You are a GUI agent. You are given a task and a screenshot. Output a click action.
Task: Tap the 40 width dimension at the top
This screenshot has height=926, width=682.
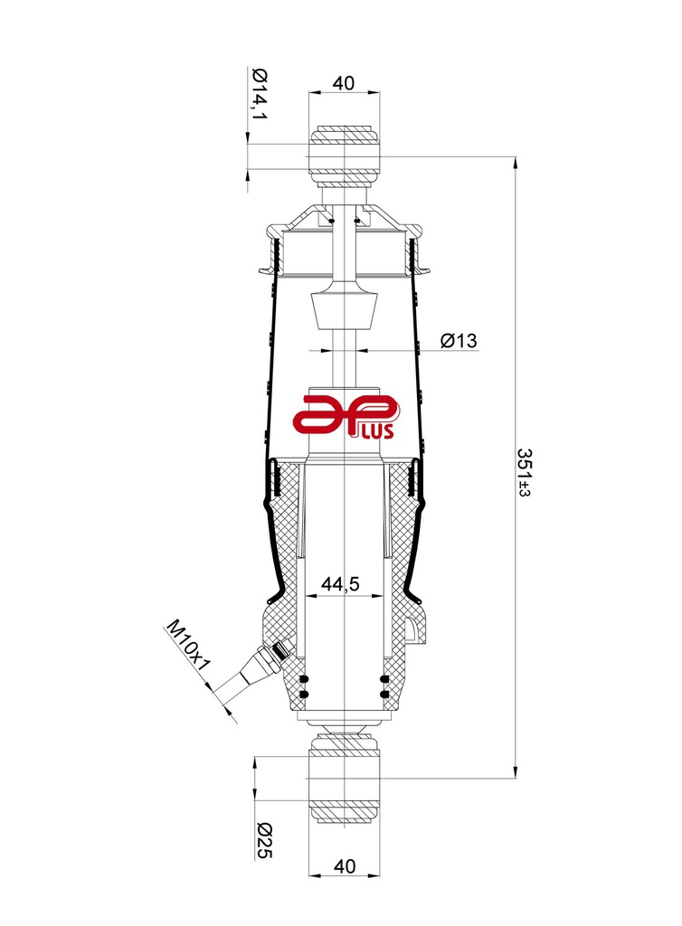(344, 83)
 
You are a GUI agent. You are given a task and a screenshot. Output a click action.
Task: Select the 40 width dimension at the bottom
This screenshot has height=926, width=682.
(344, 865)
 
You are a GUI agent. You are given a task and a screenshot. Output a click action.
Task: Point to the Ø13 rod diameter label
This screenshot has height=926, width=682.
(459, 341)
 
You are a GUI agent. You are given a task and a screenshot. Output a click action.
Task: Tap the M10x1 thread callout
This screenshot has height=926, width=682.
(187, 645)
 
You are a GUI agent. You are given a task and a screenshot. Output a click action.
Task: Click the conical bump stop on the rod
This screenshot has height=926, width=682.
(344, 313)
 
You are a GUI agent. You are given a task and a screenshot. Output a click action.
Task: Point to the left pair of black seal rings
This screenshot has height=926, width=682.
(303, 686)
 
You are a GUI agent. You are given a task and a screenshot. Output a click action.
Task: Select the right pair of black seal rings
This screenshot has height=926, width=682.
(385, 686)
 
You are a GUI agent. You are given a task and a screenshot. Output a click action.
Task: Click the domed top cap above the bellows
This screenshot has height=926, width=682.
(344, 218)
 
